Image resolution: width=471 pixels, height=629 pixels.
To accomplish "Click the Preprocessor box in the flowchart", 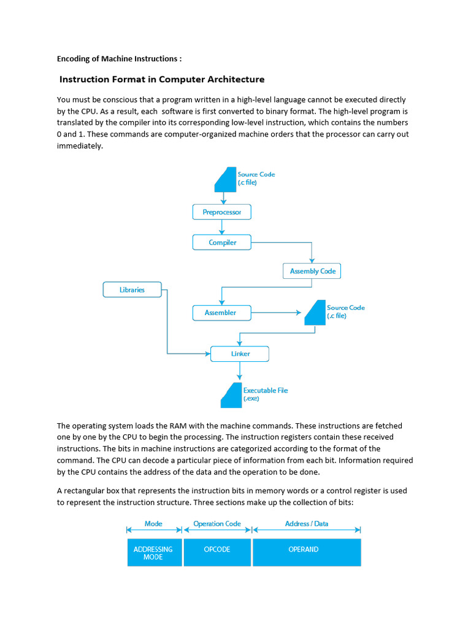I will coord(222,213).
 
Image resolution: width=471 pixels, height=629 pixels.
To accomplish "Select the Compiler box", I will coord(222,243).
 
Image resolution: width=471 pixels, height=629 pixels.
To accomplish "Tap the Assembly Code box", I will coord(312,271).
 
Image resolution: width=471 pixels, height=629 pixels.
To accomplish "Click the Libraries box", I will coord(132,289).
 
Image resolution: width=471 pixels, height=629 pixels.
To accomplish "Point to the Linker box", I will coord(239,354).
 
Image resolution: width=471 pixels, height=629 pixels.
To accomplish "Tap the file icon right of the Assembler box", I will coord(315,313).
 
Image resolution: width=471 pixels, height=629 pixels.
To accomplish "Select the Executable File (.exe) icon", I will coord(231,395).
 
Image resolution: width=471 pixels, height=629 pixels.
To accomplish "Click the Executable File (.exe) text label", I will coord(265,394).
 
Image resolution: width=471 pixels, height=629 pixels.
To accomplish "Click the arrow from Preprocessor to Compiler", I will coord(222,227).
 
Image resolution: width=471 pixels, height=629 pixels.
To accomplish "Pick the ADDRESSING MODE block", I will coord(153,552).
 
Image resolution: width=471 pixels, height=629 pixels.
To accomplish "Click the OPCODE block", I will coord(217,552).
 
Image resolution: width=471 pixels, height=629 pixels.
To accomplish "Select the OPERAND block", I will coord(307,552).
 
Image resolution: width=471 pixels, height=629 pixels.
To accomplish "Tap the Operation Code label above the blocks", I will coord(217,524).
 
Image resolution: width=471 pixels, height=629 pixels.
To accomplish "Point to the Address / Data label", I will coord(307,524).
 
